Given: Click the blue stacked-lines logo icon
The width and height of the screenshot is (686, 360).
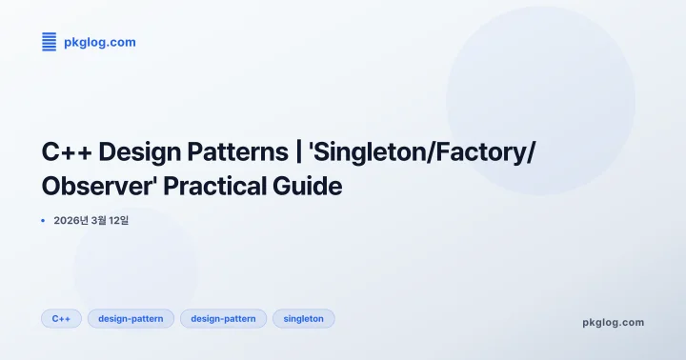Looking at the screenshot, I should tap(50, 42).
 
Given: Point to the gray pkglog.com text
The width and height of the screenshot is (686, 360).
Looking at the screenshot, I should tap(613, 322).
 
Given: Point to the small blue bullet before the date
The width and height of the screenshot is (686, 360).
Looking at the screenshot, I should tap(43, 220).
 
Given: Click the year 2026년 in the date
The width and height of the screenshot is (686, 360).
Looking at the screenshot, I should tap(71, 220).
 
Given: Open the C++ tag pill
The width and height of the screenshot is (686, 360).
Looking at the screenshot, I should tap(62, 318).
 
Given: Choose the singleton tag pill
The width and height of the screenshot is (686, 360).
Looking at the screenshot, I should tap(304, 318).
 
